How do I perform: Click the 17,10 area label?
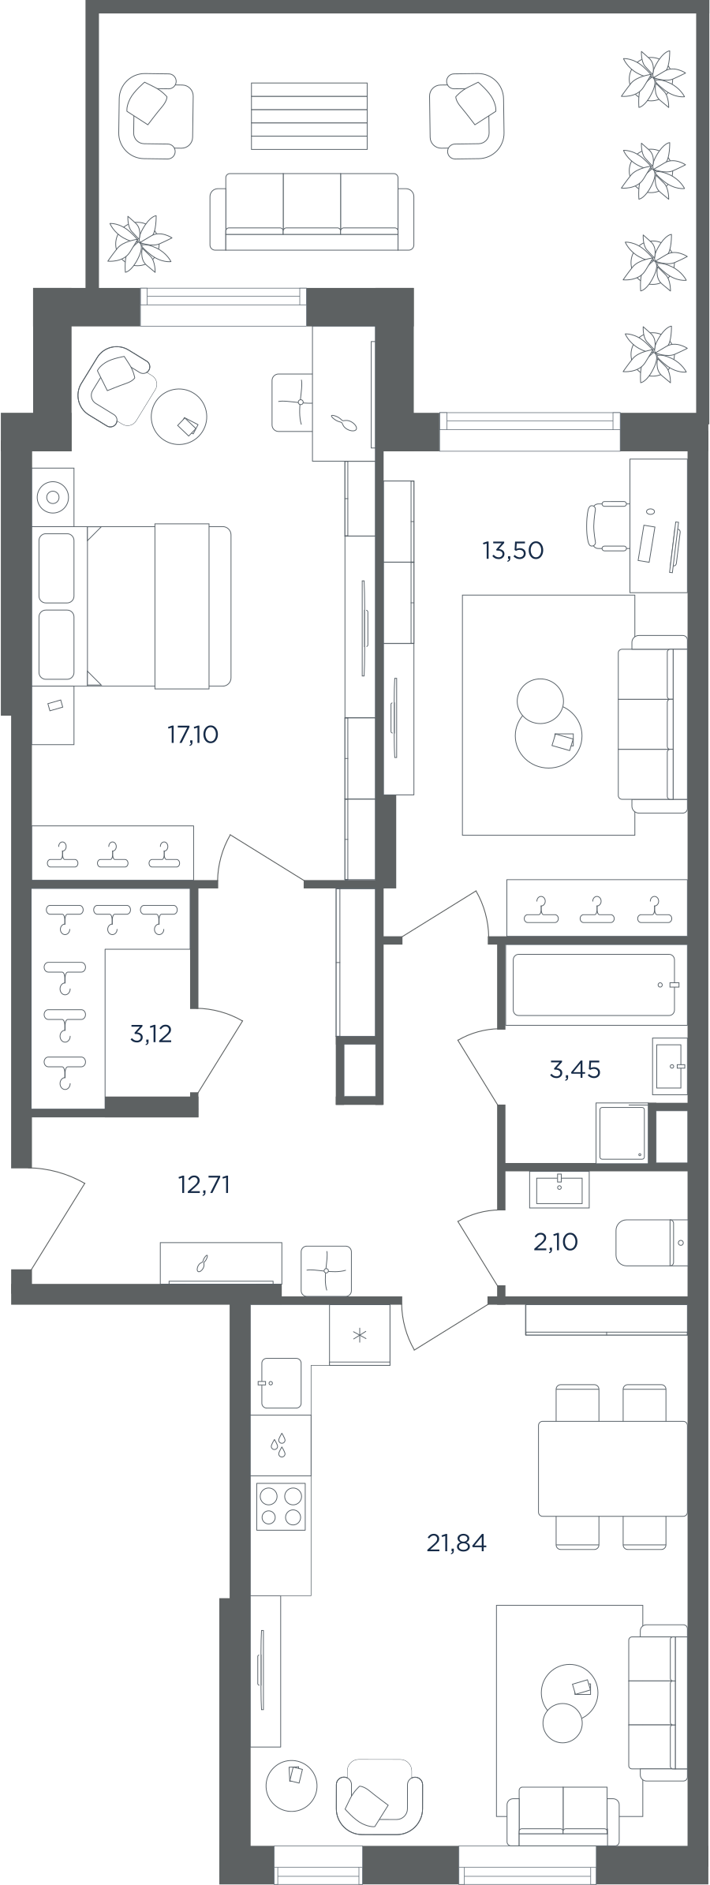click(x=192, y=735)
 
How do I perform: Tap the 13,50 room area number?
click(x=513, y=550)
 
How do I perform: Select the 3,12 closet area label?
click(x=151, y=1034)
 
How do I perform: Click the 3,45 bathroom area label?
click(x=575, y=1070)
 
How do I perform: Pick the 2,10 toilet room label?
click(x=555, y=1243)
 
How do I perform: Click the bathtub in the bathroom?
click(x=596, y=985)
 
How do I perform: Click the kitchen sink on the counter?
click(x=280, y=1383)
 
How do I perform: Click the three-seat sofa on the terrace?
click(x=312, y=211)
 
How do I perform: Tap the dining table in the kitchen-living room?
click(x=612, y=1468)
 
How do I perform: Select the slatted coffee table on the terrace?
click(x=309, y=116)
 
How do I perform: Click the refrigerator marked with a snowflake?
click(x=360, y=1334)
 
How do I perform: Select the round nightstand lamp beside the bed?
click(x=53, y=498)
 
